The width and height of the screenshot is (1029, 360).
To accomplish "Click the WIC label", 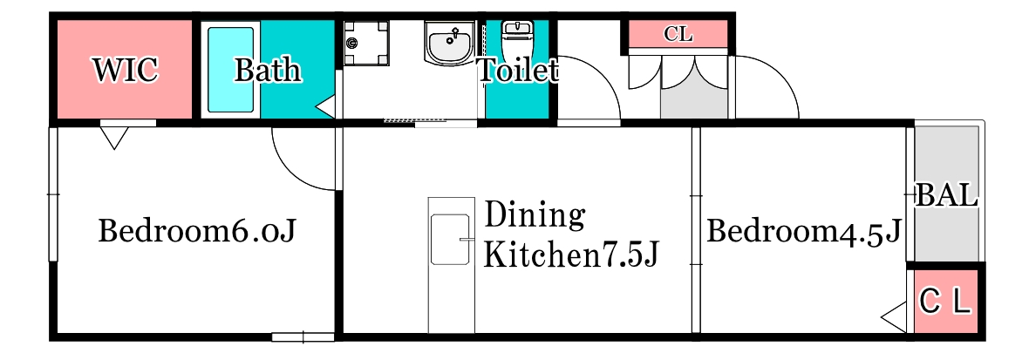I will coord(126,70).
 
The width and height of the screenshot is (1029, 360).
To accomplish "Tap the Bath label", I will coord(268,70).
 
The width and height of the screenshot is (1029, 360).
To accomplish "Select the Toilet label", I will coord(517,71).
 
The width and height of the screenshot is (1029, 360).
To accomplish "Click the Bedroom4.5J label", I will coord(803,232).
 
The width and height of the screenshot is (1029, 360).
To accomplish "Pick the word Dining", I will coord(533,214).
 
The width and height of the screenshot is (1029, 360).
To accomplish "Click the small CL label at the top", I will coord(678,35).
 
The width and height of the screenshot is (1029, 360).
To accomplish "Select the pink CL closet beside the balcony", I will coord(945,302).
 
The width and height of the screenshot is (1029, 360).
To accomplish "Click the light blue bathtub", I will coord(230,69).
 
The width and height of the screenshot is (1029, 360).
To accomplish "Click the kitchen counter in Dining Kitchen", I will coord(452,265).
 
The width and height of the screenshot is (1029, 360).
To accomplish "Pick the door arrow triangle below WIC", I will coord(114,137).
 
